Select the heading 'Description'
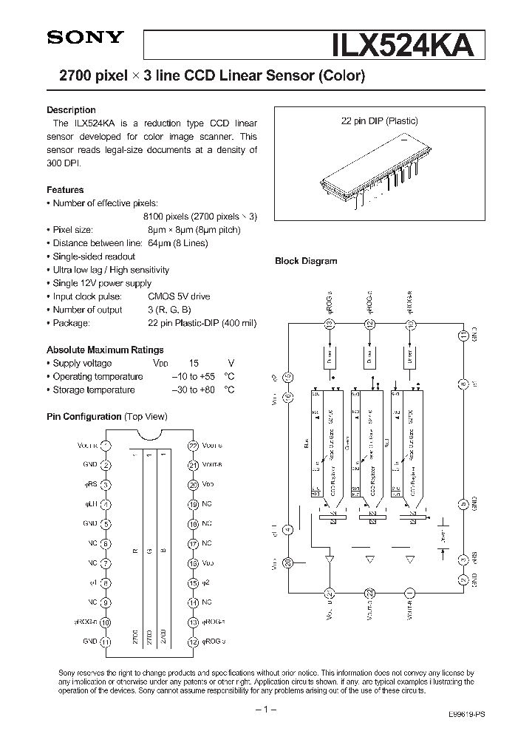(x=71, y=110)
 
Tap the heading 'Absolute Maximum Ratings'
(x=105, y=350)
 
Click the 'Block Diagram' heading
(x=306, y=261)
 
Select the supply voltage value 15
(x=194, y=363)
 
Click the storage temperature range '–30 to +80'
(x=193, y=390)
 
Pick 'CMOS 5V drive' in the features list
(x=179, y=296)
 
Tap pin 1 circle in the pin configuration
(x=106, y=446)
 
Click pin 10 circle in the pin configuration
(x=106, y=622)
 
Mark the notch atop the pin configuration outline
(x=149, y=436)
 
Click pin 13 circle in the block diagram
(x=330, y=323)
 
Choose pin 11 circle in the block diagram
(x=463, y=336)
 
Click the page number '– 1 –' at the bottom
(x=265, y=710)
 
